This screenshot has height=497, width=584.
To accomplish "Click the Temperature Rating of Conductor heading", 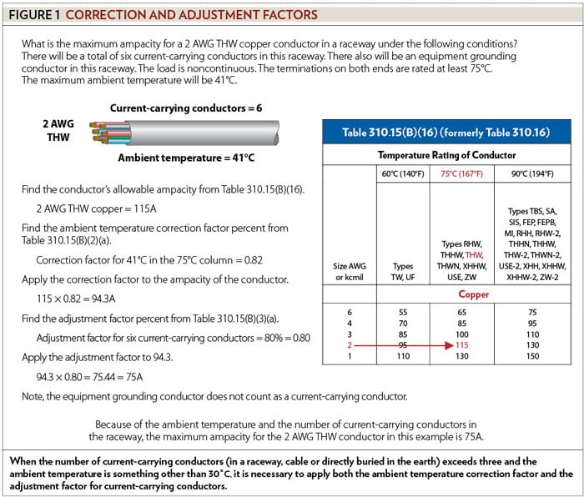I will click(x=446, y=155).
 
